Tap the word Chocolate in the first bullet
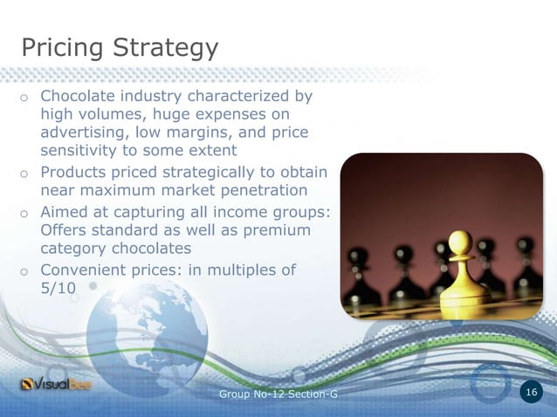point(80,95)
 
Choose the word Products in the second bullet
point(76,171)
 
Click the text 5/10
point(58,289)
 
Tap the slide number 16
point(532,394)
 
